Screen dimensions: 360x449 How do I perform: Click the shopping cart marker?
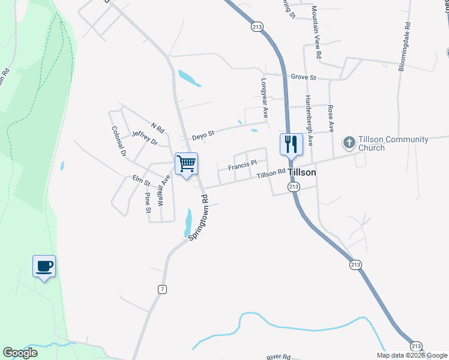point(186,164)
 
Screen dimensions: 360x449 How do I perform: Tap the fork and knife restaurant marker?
point(291,145)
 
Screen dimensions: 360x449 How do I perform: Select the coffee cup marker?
point(44,266)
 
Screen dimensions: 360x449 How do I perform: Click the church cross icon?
point(349,143)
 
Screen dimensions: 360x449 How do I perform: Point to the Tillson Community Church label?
point(393,144)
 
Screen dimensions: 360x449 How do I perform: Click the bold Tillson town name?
point(302,172)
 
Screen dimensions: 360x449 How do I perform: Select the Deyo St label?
point(203,136)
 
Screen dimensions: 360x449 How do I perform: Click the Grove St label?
point(303,77)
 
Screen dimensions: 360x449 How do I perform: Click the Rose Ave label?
point(330,115)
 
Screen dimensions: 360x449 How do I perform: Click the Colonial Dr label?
point(118,141)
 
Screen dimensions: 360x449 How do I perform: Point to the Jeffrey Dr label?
point(144,139)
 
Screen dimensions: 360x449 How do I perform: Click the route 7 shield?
point(162,289)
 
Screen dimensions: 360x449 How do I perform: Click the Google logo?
point(20,353)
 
